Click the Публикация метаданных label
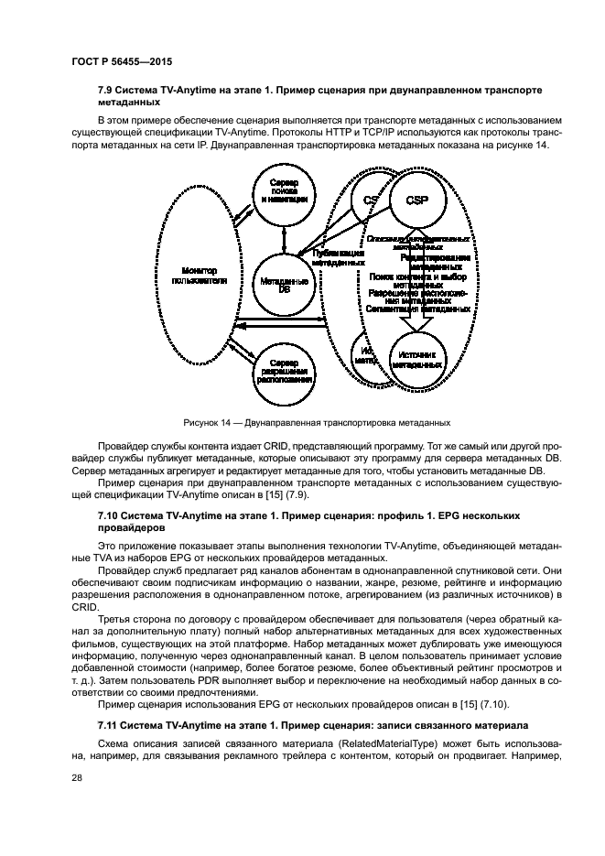coord(339,257)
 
